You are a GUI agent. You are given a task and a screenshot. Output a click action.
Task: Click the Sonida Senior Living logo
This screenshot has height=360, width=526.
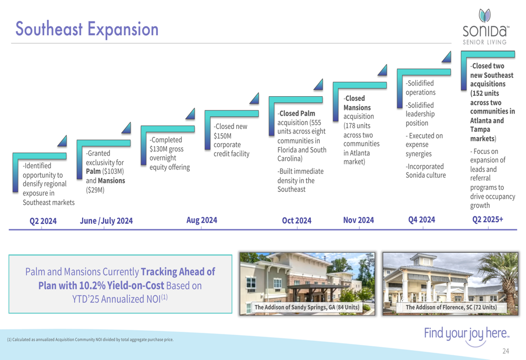(x=485, y=27)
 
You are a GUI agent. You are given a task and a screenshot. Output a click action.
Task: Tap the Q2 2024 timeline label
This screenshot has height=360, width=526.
(x=43, y=221)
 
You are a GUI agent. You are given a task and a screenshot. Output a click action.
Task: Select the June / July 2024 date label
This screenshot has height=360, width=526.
(x=106, y=221)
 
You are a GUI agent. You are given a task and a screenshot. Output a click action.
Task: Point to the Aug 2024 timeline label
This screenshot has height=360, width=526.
(x=201, y=220)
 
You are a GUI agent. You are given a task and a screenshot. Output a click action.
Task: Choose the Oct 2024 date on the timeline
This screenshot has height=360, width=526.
(x=297, y=221)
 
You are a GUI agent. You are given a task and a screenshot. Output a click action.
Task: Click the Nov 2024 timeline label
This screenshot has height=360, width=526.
(x=358, y=220)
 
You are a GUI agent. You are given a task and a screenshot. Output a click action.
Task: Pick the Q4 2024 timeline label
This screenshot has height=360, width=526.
(x=422, y=220)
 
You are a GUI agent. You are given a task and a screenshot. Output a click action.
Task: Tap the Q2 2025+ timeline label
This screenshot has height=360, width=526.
(x=488, y=220)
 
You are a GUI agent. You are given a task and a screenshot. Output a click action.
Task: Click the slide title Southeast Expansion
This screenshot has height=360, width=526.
(x=87, y=29)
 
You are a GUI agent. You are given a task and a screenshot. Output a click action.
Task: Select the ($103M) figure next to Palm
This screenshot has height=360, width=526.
(x=113, y=171)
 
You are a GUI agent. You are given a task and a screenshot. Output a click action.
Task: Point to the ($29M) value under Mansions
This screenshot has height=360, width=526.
(x=95, y=190)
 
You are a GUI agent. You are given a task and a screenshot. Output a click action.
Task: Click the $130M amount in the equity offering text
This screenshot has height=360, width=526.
(x=159, y=149)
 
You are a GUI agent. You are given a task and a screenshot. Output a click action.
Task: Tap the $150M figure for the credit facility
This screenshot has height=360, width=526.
(x=222, y=136)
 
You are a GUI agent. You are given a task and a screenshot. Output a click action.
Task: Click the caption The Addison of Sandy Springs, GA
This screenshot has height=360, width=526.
(x=307, y=307)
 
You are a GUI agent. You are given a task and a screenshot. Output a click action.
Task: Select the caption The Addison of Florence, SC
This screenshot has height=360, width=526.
(x=451, y=307)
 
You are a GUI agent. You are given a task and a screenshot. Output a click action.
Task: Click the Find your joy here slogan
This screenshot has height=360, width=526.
(x=467, y=334)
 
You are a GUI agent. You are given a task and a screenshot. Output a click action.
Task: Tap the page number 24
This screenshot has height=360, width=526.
(x=505, y=351)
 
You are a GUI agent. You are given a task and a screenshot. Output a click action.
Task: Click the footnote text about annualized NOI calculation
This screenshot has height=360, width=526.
(x=90, y=340)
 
